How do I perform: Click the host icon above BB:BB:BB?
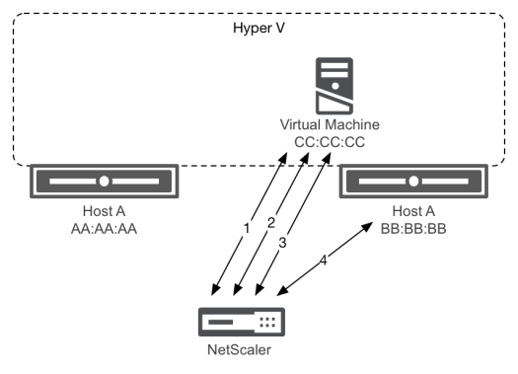[x=411, y=182]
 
